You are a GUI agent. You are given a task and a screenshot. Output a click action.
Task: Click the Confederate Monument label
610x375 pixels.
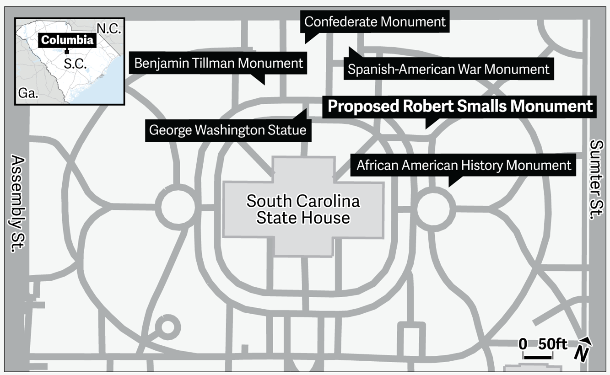click(375, 21)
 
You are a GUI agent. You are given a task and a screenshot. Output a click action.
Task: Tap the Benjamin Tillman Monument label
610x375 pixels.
click(219, 63)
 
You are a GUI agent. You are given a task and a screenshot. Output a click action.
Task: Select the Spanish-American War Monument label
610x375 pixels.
click(448, 69)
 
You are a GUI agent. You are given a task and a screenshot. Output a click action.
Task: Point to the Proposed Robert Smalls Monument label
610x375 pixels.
click(460, 107)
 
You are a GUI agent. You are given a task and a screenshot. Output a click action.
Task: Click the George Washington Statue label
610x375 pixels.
click(227, 130)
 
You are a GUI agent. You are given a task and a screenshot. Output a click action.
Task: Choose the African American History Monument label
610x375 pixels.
click(464, 165)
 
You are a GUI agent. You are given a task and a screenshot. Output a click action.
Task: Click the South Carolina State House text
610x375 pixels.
click(303, 209)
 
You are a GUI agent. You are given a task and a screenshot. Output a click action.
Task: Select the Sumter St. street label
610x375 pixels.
click(596, 179)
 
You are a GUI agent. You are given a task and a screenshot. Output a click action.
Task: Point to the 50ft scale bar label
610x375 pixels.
click(552, 344)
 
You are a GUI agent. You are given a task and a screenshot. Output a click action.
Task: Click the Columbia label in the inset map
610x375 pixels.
click(67, 40)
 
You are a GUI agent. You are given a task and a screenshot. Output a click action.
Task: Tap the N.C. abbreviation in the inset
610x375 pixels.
click(109, 29)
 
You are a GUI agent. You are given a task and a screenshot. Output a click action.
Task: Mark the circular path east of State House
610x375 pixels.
click(436, 207)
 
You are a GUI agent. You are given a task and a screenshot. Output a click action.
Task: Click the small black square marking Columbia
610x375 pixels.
click(67, 52)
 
